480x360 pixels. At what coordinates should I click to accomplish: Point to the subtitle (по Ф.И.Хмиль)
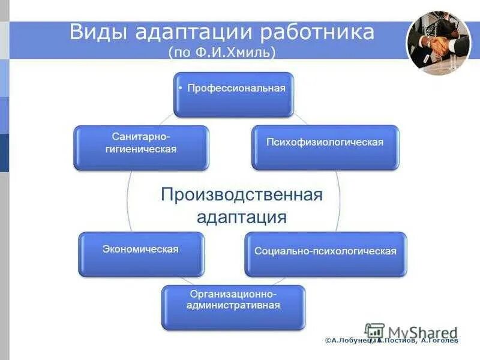[x=223, y=52]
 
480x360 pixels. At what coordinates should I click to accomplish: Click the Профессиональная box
[x=233, y=94]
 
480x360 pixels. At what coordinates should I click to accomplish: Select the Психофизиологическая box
[x=325, y=147]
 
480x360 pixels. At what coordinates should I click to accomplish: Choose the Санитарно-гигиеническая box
[x=141, y=147]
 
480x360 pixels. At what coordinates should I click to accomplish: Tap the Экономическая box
[x=141, y=254]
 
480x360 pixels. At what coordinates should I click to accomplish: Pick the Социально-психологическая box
[x=325, y=254]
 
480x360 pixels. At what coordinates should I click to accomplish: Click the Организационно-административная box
[x=233, y=307]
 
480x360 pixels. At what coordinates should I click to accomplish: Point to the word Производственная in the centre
[x=242, y=194]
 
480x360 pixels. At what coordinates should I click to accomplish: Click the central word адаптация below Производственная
[x=242, y=216]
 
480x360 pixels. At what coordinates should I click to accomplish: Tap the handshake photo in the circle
[x=439, y=42]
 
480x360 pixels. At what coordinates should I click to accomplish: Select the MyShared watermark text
[x=423, y=332]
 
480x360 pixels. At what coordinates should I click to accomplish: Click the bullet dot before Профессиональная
[x=181, y=88]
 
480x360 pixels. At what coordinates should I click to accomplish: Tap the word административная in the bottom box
[x=234, y=305]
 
